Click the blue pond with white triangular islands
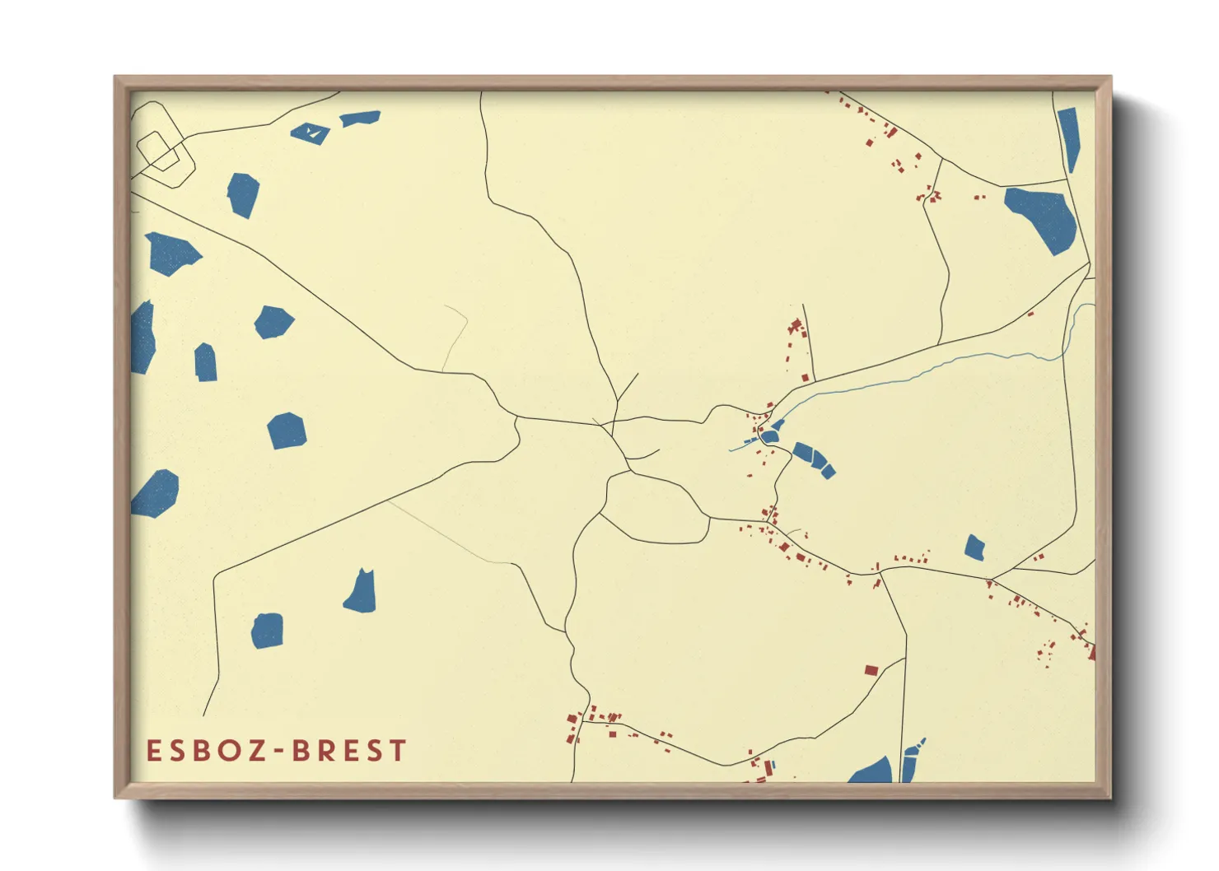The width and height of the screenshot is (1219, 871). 311,133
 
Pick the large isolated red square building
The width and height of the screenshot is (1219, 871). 871,671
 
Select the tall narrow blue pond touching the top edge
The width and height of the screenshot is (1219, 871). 1069,137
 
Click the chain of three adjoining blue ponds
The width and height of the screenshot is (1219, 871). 812,459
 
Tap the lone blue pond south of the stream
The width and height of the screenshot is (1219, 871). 974,548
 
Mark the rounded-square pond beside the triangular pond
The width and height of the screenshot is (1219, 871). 267,631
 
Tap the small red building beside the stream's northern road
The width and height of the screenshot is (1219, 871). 1030,314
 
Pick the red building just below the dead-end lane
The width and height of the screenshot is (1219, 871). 806,378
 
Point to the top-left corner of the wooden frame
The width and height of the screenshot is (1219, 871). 116,78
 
